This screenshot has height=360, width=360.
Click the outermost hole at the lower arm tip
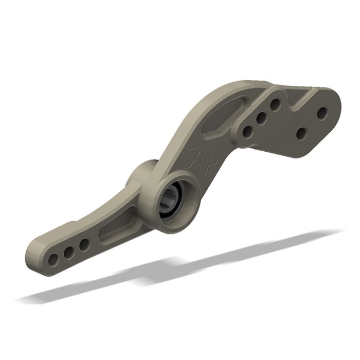click(53, 259)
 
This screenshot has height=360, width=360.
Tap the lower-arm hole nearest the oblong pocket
click(83, 245)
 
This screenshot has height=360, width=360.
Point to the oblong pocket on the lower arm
click(116, 232)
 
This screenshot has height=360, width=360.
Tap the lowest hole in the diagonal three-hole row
click(247, 132)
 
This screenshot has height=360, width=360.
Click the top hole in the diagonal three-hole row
click(275, 104)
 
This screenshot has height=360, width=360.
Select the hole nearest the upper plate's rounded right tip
click(322, 113)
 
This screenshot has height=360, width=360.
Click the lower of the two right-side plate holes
click(301, 134)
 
